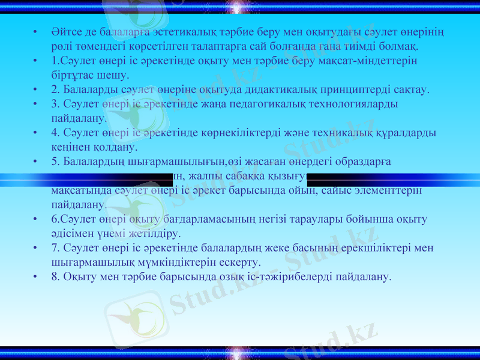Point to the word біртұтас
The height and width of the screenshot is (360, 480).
[72, 75]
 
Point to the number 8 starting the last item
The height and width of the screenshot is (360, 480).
[55, 277]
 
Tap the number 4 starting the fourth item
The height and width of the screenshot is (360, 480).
[55, 133]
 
